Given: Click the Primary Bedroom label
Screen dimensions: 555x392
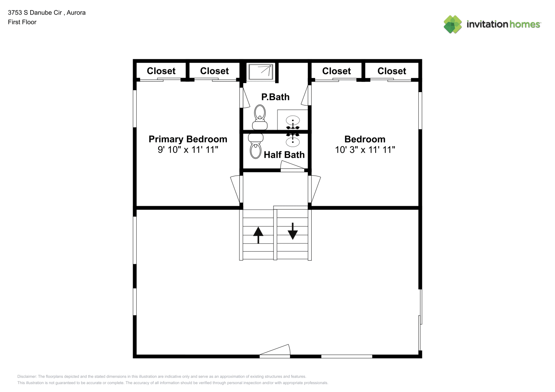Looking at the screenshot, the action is tap(188, 139).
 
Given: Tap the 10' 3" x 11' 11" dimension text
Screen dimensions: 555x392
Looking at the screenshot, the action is tap(365, 150).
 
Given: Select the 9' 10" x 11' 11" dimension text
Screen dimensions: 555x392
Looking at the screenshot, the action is tap(188, 150).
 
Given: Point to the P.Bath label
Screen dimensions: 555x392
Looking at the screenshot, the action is tap(275, 97).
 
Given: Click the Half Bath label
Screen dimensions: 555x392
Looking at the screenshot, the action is tap(284, 155).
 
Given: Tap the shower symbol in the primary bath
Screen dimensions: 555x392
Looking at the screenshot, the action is tap(261, 72).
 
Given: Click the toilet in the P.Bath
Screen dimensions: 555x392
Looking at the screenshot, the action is tap(260, 117).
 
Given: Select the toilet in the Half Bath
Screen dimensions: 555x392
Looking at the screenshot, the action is tap(256, 146).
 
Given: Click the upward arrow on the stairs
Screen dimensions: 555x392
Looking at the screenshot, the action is tap(258, 235).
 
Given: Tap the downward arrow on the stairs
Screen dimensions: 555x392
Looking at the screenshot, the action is tap(293, 231).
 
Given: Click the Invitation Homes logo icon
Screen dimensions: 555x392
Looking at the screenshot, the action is tap(453, 24).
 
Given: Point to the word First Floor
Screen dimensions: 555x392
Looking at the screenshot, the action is tap(22, 22).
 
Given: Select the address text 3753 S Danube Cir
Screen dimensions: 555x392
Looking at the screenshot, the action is tap(35, 13).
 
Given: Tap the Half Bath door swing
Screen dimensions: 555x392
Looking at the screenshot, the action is tap(292, 166).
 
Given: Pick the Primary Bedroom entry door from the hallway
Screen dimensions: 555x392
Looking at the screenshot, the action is tap(236, 189).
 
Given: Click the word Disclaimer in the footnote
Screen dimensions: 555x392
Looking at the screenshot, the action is tap(27, 376).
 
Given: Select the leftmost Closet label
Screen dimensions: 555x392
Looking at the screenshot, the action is tap(161, 71).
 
